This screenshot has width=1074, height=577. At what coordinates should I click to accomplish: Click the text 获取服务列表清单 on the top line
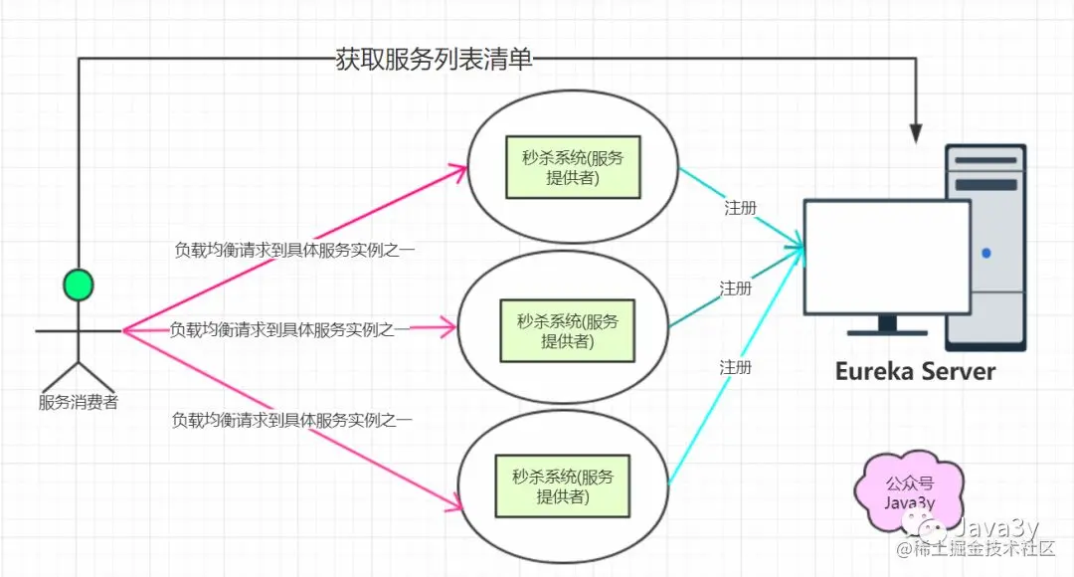pos(435,60)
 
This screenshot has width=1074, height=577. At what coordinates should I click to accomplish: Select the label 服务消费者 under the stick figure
pos(78,403)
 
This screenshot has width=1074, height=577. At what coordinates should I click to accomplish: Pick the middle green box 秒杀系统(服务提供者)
pos(568,331)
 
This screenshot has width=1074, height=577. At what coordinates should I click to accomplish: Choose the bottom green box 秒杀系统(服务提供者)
pos(563,486)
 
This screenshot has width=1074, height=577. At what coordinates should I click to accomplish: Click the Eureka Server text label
pos(915,372)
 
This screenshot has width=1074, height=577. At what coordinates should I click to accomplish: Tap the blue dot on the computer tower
pos(985,253)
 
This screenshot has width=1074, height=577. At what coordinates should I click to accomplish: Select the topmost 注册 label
pos(740,209)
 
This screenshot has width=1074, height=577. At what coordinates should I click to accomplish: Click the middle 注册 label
pos(736,288)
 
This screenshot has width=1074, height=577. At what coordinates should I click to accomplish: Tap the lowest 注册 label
pos(736,367)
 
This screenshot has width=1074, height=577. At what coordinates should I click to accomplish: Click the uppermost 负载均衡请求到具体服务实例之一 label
pos(294,250)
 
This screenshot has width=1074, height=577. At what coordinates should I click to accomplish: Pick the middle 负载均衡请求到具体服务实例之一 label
pos(289,329)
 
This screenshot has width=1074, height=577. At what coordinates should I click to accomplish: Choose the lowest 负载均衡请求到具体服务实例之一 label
pos(292,420)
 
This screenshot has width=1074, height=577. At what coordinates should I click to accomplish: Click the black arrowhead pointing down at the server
pos(917,131)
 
